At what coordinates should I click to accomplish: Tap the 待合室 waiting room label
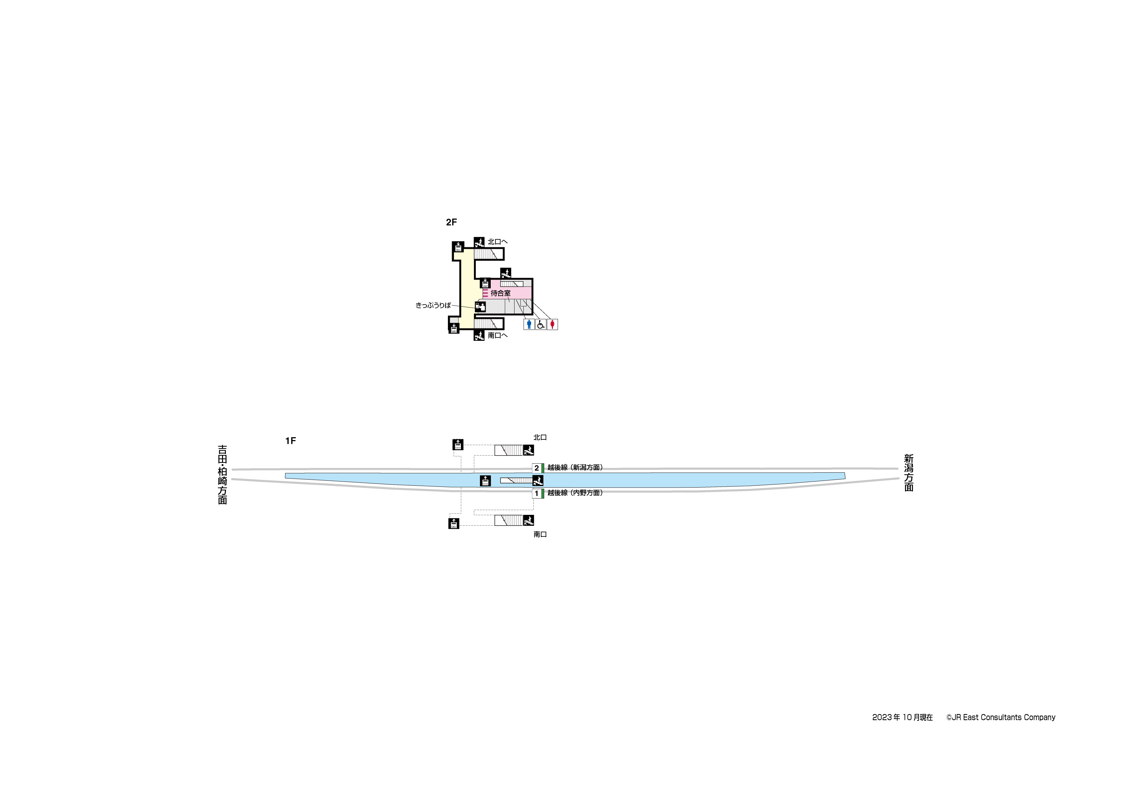[500, 293]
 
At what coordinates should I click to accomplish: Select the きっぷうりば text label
[433, 305]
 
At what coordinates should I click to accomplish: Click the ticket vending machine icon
[480, 307]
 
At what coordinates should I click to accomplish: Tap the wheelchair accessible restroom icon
[541, 324]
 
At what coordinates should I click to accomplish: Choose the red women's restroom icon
[552, 324]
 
